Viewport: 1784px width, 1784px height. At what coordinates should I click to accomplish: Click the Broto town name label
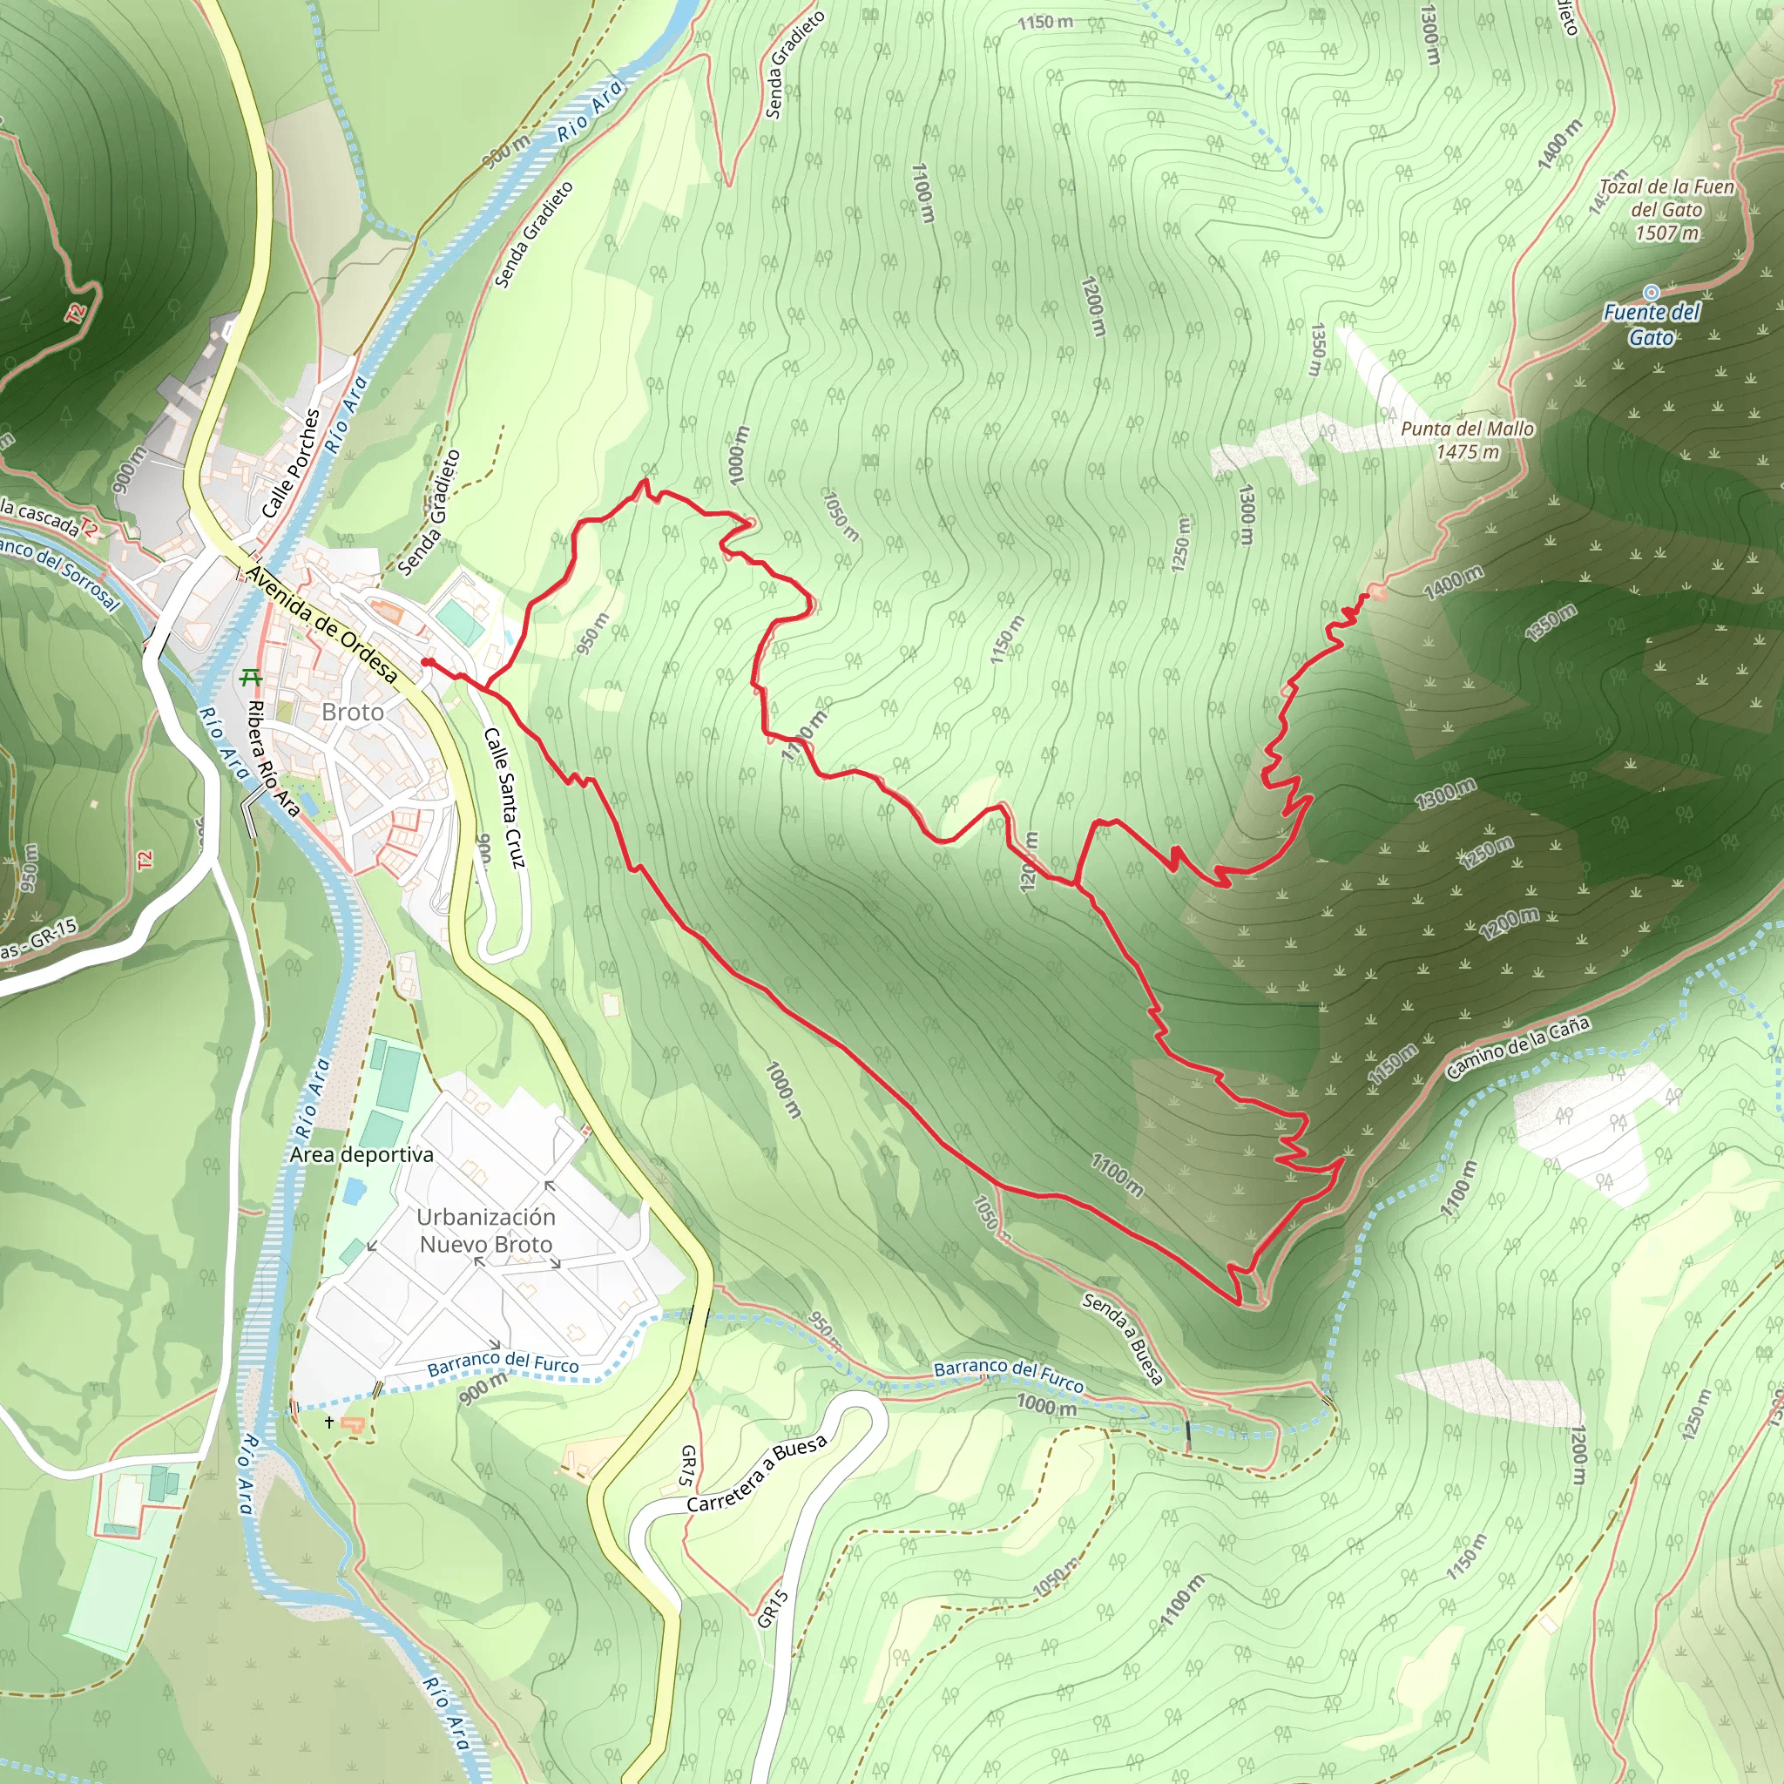353,712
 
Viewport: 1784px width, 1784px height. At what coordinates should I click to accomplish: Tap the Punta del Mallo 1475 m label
1467,440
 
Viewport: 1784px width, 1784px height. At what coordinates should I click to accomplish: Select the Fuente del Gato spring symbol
1651,293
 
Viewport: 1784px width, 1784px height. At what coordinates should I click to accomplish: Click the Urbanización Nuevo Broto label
486,1231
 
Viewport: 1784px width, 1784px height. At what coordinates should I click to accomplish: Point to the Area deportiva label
361,1154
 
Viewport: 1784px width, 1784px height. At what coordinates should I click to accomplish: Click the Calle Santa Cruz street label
504,798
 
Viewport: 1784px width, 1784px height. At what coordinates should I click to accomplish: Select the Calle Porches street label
290,463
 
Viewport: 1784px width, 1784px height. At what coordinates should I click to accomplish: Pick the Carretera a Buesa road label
757,1474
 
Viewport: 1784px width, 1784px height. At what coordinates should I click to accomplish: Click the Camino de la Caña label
1517,1048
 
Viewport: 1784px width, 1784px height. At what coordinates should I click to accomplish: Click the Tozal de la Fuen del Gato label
1666,198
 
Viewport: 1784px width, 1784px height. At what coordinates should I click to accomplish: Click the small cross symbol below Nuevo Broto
328,1422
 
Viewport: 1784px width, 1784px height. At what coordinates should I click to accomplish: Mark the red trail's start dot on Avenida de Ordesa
427,662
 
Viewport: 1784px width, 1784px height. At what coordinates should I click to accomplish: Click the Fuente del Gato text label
1651,324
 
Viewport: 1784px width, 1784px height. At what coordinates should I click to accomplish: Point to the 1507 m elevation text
1666,233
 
